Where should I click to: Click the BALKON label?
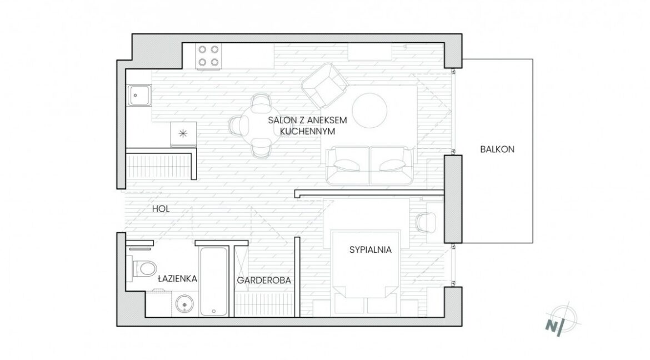pyautogui.click(x=497, y=149)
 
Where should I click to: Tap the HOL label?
pyautogui.click(x=161, y=209)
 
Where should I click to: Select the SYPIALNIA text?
pyautogui.click(x=370, y=249)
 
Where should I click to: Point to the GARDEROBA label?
pyautogui.click(x=264, y=281)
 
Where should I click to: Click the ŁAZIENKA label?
pyautogui.click(x=177, y=278)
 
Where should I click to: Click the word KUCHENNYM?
pyautogui.click(x=307, y=132)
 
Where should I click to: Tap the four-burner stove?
pyautogui.click(x=208, y=56)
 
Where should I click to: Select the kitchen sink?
pyautogui.click(x=139, y=96)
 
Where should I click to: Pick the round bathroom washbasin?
pyautogui.click(x=184, y=304)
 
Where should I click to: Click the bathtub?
pyautogui.click(x=214, y=281)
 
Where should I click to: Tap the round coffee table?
pyautogui.click(x=370, y=111)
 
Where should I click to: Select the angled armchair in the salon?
pyautogui.click(x=324, y=86)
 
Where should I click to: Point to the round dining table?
pyautogui.click(x=261, y=126)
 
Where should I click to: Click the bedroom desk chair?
pyautogui.click(x=426, y=222)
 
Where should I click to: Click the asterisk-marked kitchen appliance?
pyautogui.click(x=183, y=134)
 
